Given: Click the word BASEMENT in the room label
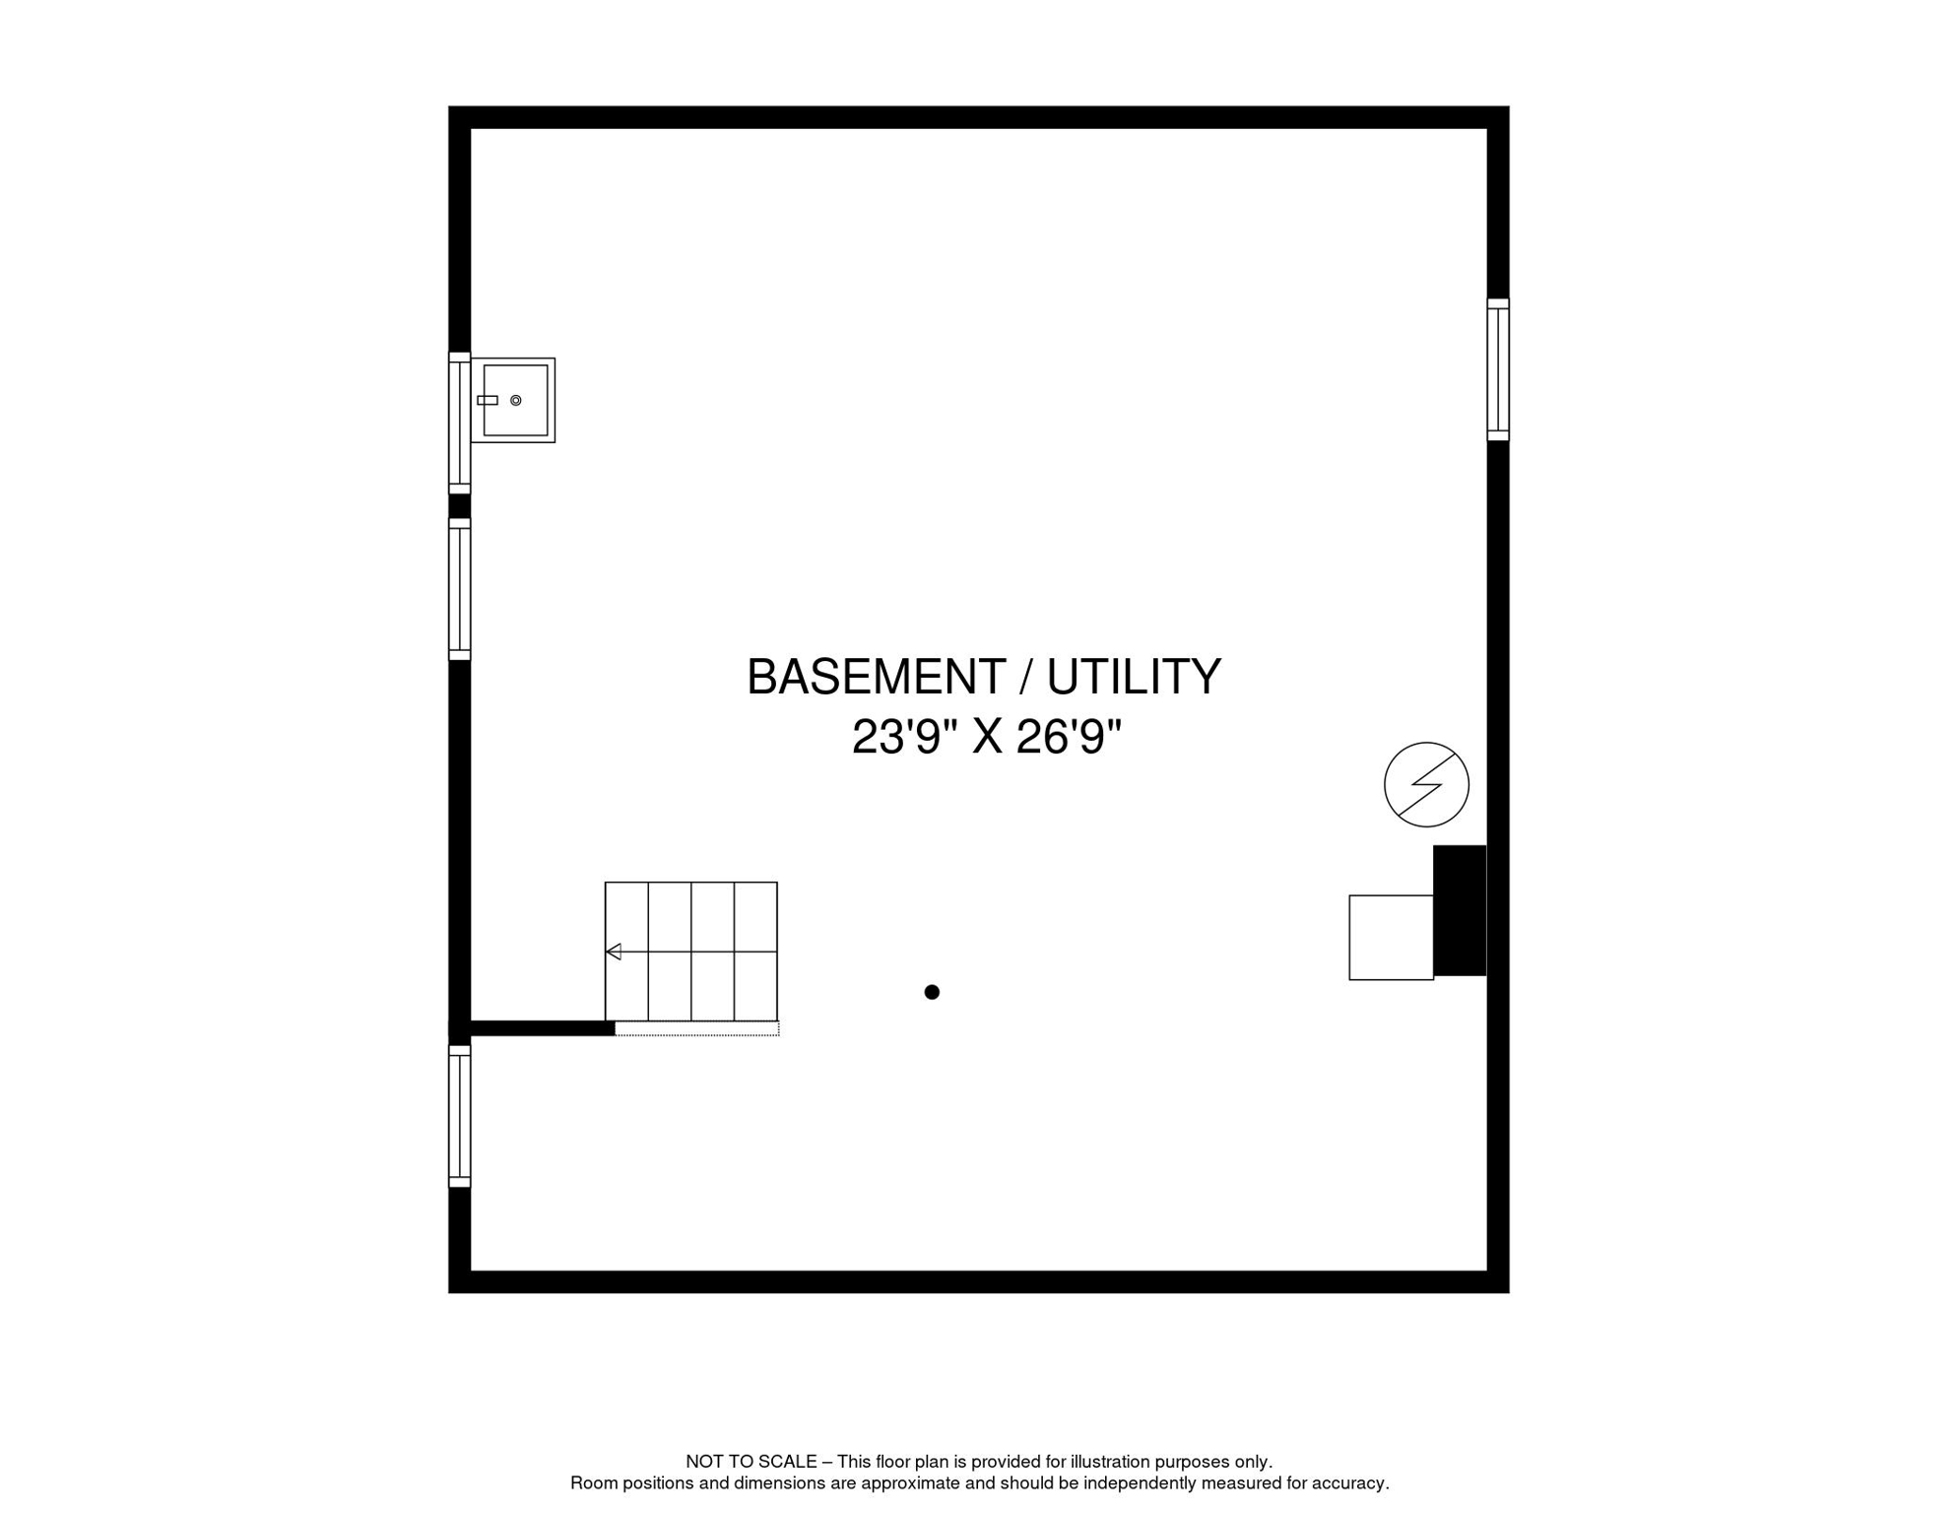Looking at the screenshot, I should click(x=876, y=678).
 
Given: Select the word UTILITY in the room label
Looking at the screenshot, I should click(x=1133, y=678).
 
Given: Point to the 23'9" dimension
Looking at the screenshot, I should click(x=905, y=738).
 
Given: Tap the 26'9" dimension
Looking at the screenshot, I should click(x=1069, y=738).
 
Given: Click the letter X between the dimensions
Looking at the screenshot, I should click(x=987, y=738).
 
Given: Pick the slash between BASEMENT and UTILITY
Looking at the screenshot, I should click(x=1025, y=678).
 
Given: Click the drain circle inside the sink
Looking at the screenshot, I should click(x=515, y=401).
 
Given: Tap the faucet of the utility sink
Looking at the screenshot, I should click(x=488, y=401).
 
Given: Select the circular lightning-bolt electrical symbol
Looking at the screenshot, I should click(x=1426, y=785).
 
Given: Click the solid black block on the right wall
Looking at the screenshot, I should click(x=1460, y=911).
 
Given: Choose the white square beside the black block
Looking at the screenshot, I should click(x=1391, y=938).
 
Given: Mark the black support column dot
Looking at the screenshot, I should click(x=932, y=992).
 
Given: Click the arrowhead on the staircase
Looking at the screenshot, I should click(x=614, y=952).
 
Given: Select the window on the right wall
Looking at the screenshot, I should click(x=1498, y=369).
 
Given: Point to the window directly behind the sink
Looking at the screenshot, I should click(x=459, y=424).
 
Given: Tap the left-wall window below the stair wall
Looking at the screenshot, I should click(x=459, y=1116).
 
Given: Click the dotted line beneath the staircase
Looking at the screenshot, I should click(x=697, y=1029).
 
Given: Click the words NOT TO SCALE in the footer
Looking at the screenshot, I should click(x=751, y=1462).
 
